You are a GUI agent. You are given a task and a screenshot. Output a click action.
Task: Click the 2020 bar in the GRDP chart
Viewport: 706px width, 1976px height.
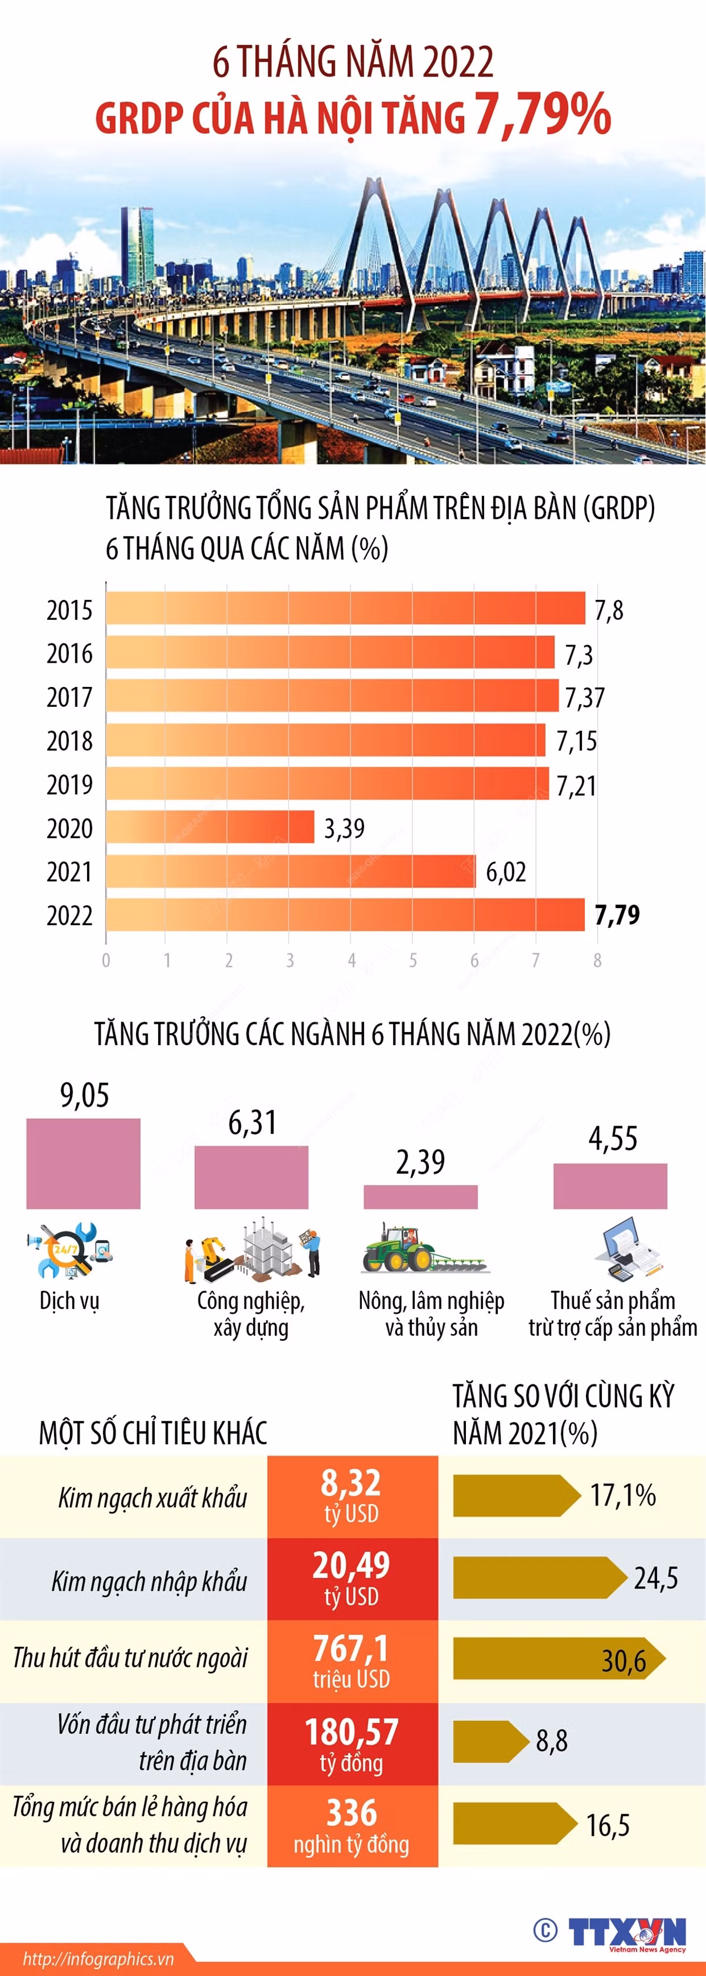pyautogui.click(x=210, y=827)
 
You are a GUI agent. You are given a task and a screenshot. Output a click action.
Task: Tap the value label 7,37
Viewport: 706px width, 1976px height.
pyautogui.click(x=585, y=697)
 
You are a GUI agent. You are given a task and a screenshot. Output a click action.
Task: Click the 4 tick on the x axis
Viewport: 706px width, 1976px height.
pyautogui.click(x=351, y=960)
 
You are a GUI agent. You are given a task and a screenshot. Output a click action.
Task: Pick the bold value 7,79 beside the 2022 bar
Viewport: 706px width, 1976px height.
pyautogui.click(x=617, y=914)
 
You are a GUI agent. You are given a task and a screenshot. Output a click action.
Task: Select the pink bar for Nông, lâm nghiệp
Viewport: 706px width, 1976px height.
pyautogui.click(x=421, y=1197)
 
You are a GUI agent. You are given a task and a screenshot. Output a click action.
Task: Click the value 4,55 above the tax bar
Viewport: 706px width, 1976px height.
pyautogui.click(x=612, y=1139)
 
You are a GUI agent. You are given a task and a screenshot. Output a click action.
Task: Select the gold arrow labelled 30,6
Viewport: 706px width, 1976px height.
pyautogui.click(x=559, y=1658)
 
